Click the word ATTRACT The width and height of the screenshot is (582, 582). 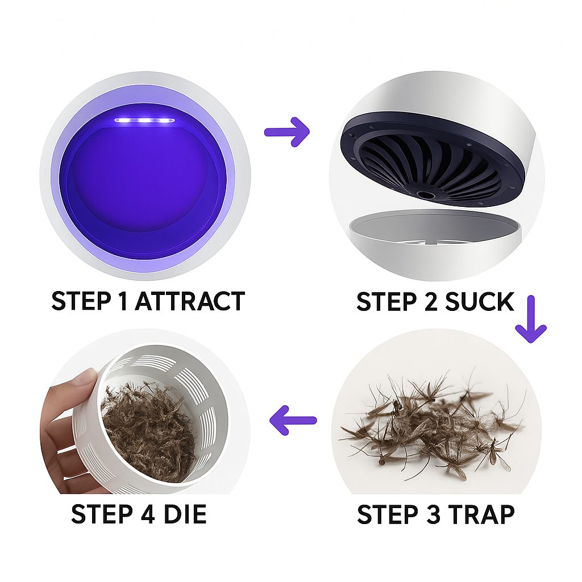pos(190,301)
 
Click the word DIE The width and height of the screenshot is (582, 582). pos(185,514)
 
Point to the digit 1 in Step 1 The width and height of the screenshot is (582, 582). pos(123,301)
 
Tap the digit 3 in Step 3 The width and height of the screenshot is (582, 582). pos(435,514)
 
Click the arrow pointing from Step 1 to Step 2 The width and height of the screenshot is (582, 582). pos(287,132)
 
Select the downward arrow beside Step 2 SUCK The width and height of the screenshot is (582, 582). pos(531,319)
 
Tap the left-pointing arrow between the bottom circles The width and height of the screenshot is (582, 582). pos(293,420)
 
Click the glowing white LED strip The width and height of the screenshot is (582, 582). pos(144,120)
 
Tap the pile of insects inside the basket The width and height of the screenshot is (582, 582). pos(148,431)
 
